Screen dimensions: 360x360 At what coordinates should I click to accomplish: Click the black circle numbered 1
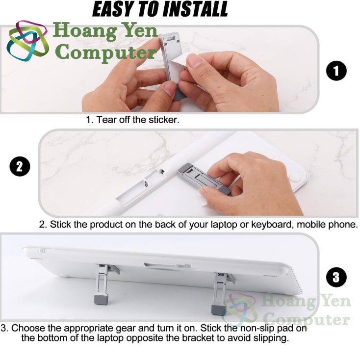click(336, 71)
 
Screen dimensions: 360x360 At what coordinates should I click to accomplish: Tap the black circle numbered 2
click(20, 166)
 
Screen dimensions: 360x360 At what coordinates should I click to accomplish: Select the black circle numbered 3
click(336, 277)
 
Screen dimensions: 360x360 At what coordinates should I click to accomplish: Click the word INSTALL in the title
click(195, 9)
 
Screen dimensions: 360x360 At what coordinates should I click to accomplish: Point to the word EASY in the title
click(112, 9)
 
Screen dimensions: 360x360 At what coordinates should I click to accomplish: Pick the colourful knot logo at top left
click(27, 41)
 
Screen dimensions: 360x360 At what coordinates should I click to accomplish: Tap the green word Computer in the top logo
click(106, 52)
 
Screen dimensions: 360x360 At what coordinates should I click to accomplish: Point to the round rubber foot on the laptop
click(294, 177)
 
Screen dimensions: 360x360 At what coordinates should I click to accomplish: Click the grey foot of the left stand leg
click(101, 299)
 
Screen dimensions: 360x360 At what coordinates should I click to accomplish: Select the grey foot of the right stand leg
click(218, 309)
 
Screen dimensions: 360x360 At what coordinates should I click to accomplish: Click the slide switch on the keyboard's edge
click(41, 251)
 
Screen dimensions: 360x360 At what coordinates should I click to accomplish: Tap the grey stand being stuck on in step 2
click(202, 179)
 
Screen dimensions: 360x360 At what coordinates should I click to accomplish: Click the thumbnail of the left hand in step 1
click(170, 88)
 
